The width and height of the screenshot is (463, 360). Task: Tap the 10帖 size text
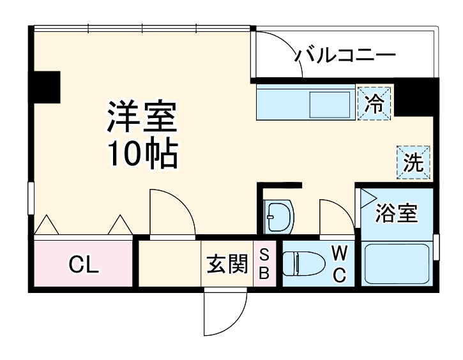[x=142, y=153]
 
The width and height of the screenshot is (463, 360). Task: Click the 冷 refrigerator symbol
[x=375, y=102]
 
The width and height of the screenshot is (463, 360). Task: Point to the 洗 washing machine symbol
[x=414, y=162]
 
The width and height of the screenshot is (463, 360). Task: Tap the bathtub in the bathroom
[x=396, y=266]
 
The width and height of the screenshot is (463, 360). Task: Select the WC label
[x=339, y=264]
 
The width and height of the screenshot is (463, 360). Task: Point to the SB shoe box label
[x=264, y=264]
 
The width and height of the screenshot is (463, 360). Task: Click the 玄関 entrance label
[x=227, y=264]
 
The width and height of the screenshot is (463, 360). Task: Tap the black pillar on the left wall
[x=46, y=87]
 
